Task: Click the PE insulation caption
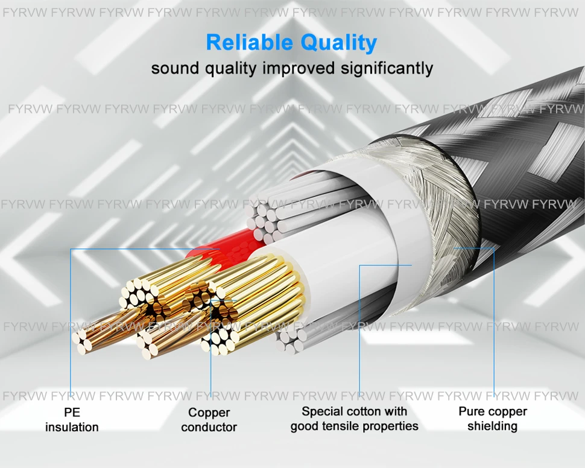[72, 420]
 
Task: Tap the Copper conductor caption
[209, 420]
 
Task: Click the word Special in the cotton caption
[324, 412]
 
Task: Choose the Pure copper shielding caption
[492, 419]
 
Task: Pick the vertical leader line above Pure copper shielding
[494, 326]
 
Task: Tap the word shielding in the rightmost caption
[492, 426]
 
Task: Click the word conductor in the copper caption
[209, 428]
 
